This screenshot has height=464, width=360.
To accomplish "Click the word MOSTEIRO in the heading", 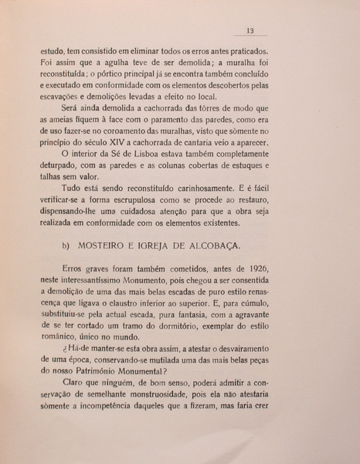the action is point(104,246).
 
